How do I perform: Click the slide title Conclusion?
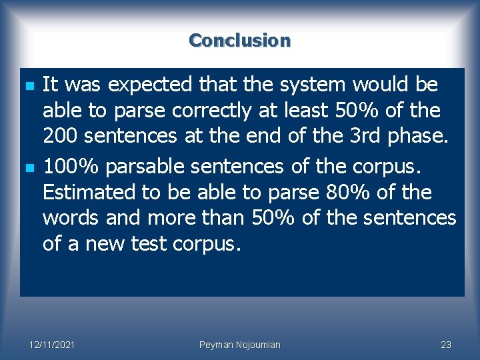240,40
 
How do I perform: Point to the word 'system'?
315,85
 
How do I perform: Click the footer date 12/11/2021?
52,345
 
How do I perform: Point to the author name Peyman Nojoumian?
240,345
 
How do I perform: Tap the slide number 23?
446,345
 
